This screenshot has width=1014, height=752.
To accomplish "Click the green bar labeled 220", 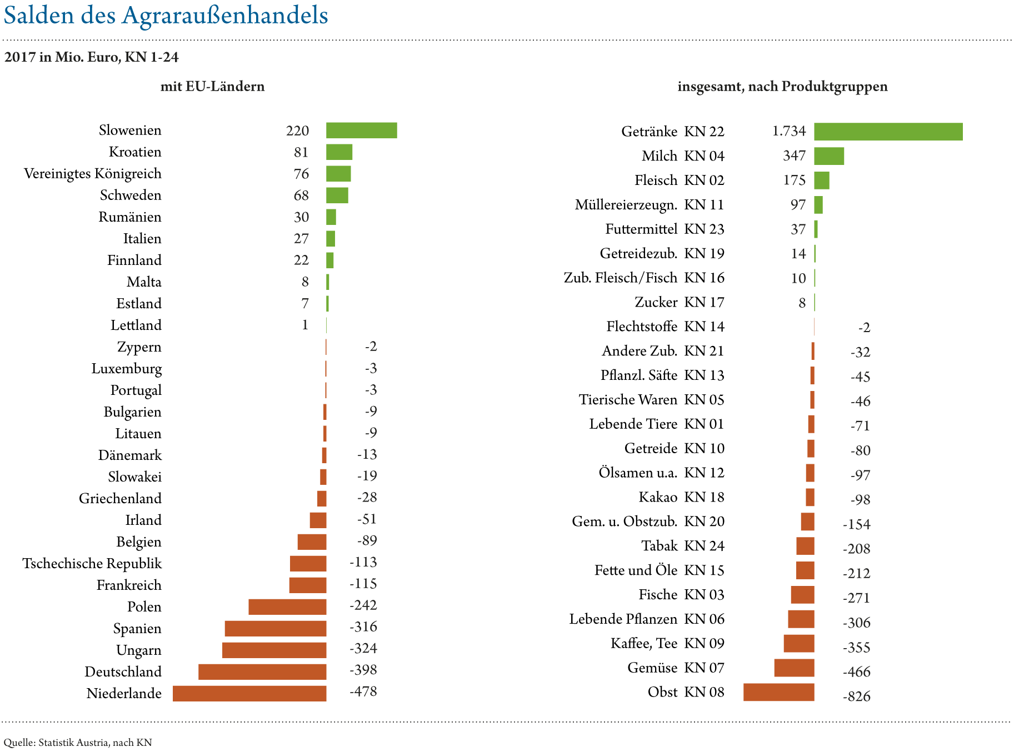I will [x=361, y=131].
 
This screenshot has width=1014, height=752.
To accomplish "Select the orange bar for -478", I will [x=249, y=693].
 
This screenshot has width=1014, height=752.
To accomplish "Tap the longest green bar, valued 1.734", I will [x=888, y=132].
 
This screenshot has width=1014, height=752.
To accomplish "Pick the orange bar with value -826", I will [x=778, y=693].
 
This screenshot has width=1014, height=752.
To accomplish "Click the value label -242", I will [x=363, y=605].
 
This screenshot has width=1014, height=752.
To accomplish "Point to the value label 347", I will [x=794, y=156].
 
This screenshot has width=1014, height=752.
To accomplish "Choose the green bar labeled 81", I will [x=339, y=152].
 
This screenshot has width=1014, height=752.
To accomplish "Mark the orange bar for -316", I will [x=275, y=628].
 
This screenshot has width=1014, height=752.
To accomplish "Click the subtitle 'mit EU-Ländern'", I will [x=212, y=87].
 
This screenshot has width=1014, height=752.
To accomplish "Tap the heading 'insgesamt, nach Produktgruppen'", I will [x=782, y=87].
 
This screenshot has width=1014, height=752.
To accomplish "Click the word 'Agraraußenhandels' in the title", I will [x=225, y=16].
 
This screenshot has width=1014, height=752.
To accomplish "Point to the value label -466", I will [x=857, y=672].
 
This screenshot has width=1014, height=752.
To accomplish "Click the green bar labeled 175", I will [x=821, y=181].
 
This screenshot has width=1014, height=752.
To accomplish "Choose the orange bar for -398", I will [x=262, y=671].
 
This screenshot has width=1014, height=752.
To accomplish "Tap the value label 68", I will [x=301, y=195].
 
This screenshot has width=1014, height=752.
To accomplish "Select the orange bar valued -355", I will [x=798, y=644].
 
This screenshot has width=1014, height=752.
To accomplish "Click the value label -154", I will [x=857, y=524].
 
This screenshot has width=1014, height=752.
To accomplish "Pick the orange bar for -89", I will [x=312, y=542].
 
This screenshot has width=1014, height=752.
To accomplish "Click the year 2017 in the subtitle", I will [x=20, y=57].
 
